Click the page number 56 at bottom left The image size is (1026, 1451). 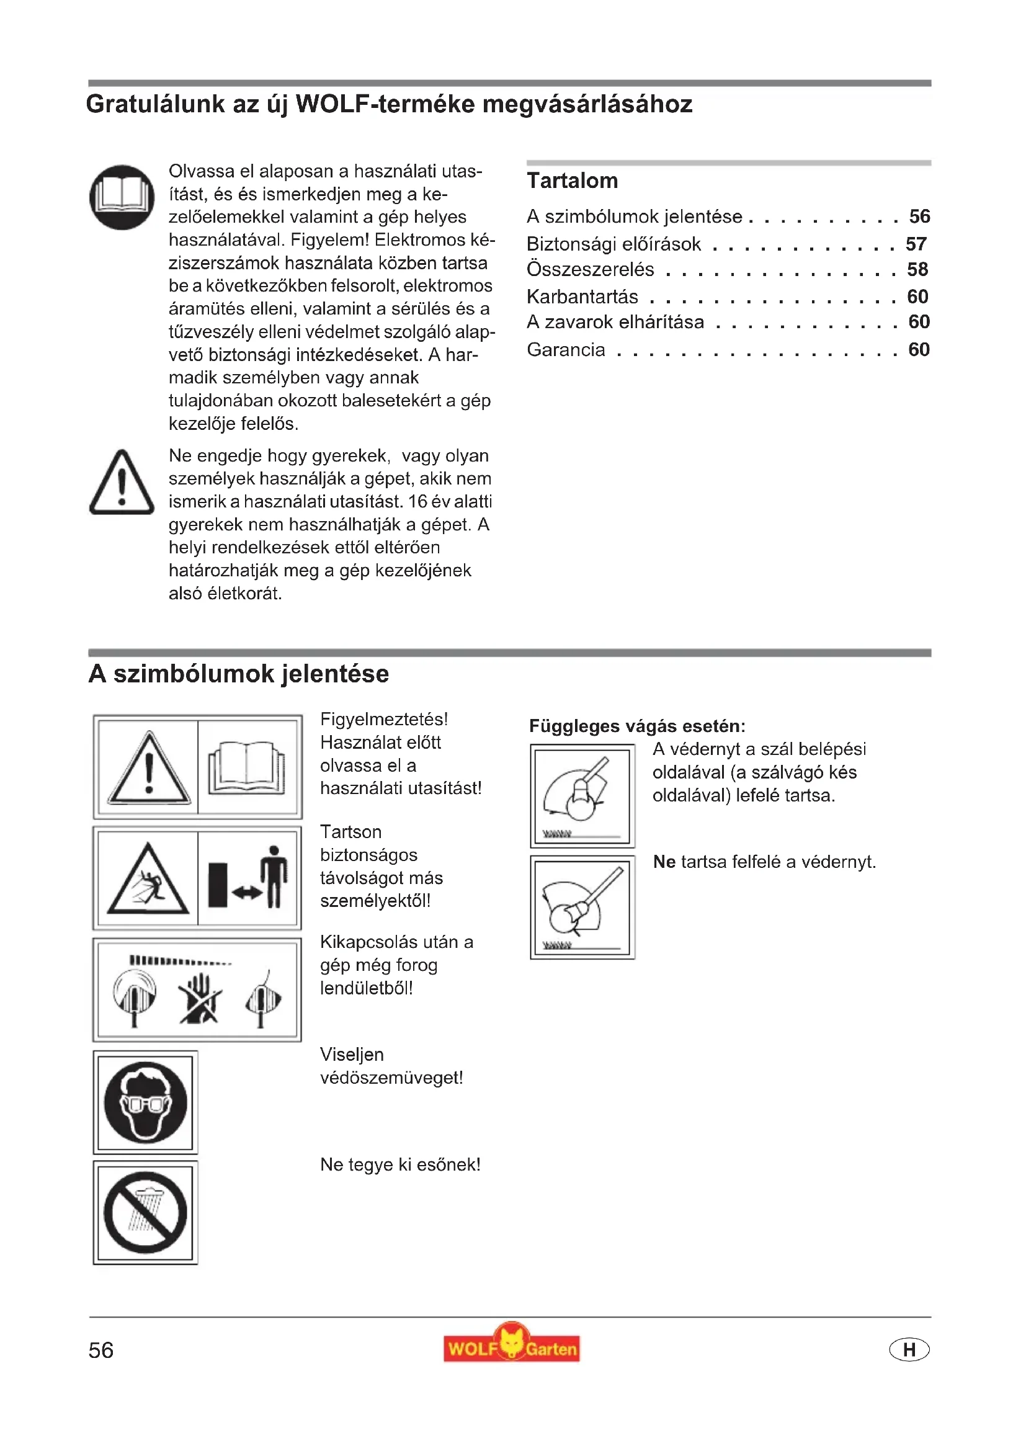click(x=101, y=1351)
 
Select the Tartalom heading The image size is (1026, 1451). click(x=573, y=181)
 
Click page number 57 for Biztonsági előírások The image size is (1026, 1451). click(x=916, y=244)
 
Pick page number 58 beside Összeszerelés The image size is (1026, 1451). click(x=917, y=270)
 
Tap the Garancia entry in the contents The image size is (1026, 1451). click(x=566, y=349)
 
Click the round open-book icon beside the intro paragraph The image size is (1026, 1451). click(x=122, y=197)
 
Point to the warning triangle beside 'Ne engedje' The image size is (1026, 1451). click(x=122, y=483)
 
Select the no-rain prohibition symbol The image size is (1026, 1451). click(x=146, y=1212)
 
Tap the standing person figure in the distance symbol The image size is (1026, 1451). click(x=274, y=876)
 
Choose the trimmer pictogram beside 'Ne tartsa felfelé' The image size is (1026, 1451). click(x=582, y=908)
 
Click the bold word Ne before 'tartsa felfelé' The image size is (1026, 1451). click(x=664, y=862)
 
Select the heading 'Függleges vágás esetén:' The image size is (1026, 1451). click(x=637, y=726)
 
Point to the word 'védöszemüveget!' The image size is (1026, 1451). click(x=391, y=1078)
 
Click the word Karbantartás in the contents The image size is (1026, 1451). click(x=582, y=297)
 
